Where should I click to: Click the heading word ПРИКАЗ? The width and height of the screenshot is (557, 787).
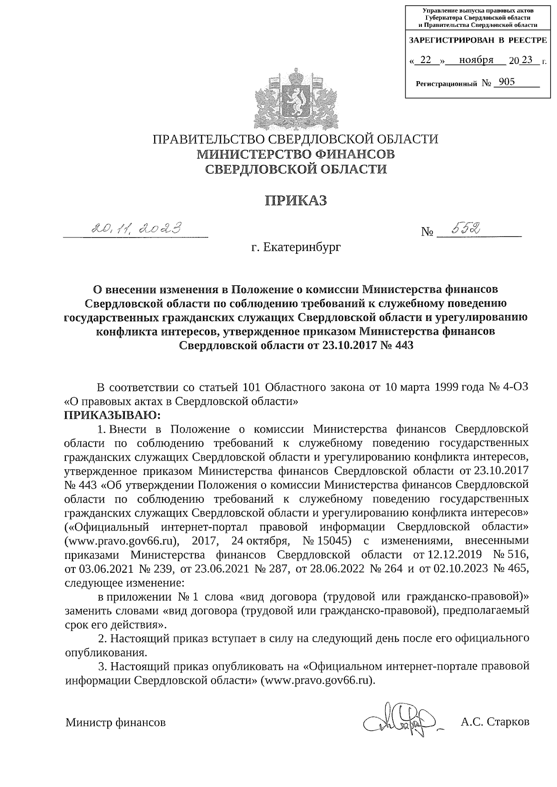point(296,201)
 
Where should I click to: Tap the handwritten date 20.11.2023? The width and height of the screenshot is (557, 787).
point(136,228)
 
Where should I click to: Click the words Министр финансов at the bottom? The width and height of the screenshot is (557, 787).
point(116,722)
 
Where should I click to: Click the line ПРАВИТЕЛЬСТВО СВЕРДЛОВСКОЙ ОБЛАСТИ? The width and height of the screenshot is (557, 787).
point(296,140)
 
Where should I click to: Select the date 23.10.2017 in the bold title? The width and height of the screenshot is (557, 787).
point(354,346)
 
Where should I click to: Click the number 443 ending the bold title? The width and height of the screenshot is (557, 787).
point(402,346)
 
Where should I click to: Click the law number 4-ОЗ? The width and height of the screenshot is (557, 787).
point(515,387)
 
